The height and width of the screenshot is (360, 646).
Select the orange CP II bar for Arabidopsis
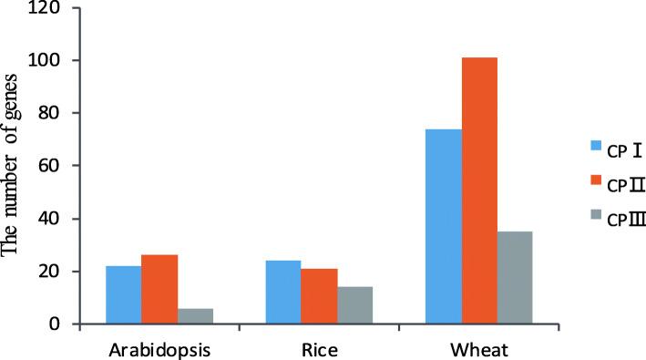[x=159, y=289]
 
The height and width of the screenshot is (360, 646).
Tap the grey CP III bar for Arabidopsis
[x=195, y=315]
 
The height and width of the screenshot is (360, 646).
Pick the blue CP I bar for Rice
[x=282, y=292]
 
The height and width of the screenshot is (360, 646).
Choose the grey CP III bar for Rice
[x=354, y=305]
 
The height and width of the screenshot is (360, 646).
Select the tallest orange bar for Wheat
[x=478, y=190]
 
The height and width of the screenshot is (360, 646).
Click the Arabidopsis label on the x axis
[x=159, y=347]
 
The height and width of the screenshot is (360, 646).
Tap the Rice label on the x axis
[x=319, y=347]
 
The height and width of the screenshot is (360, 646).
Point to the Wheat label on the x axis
[x=478, y=347]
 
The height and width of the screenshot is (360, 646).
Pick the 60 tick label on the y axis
[x=64, y=166]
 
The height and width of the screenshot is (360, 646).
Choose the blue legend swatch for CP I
[x=597, y=145]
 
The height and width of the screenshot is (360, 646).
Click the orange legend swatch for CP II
[x=597, y=185]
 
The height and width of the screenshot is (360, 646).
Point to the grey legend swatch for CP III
[x=597, y=224]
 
